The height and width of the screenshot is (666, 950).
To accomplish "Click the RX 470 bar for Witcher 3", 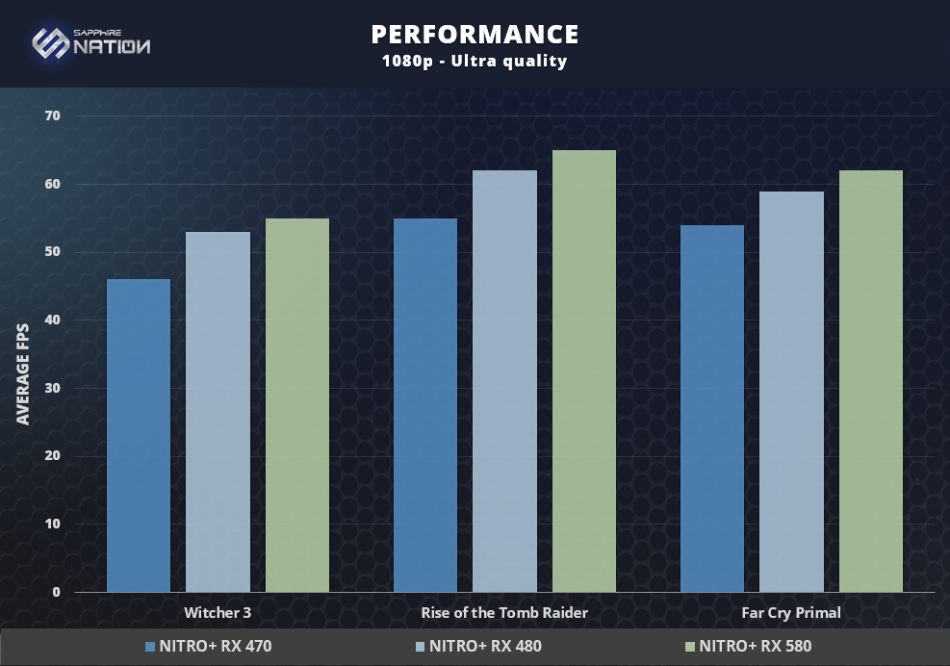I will (139, 435).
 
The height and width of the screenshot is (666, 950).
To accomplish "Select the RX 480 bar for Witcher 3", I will (218, 412).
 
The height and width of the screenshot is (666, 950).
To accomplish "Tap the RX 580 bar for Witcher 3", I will (297, 405).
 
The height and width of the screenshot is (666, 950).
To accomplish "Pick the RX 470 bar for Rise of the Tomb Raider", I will (425, 405).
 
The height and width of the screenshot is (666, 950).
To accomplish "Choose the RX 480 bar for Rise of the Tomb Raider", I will (504, 381).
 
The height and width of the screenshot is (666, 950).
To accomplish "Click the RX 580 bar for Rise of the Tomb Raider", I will (584, 371).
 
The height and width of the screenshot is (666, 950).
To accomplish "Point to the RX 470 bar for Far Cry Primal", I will (712, 408).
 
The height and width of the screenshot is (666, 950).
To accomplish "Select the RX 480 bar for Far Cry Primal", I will (791, 392).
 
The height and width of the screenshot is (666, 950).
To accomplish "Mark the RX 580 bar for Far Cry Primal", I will (871, 381).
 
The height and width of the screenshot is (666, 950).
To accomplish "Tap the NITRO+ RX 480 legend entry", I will (478, 646).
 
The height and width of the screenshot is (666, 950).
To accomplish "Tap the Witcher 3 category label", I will (218, 612).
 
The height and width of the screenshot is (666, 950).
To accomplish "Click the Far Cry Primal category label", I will (791, 612).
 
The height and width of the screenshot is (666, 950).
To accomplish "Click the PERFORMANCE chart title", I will (475, 35).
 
